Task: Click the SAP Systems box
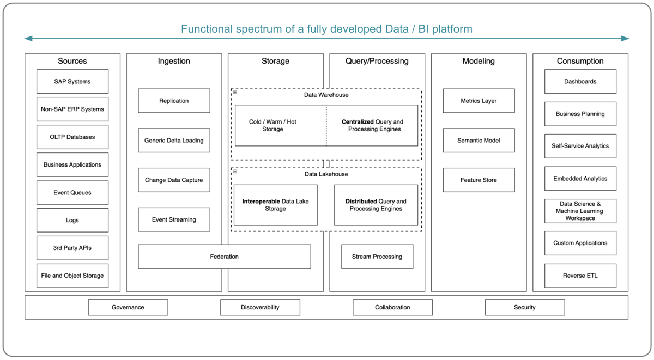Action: tap(72, 82)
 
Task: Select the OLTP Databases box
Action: tap(72, 137)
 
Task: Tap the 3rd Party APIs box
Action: tap(72, 248)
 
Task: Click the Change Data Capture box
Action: tap(174, 180)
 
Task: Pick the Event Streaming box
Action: tap(174, 220)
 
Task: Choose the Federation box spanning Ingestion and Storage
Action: tap(224, 257)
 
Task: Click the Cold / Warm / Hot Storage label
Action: tap(272, 126)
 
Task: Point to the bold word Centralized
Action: tap(358, 122)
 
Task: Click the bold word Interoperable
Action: tap(261, 202)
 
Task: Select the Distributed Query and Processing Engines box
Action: tap(376, 205)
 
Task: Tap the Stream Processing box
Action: tap(377, 257)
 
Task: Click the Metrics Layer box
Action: tap(479, 101)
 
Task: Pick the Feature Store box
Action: tap(479, 180)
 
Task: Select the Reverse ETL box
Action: tap(580, 276)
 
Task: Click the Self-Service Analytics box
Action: tap(580, 146)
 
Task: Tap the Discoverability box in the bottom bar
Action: tap(260, 307)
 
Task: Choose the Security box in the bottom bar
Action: tap(524, 307)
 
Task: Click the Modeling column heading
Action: tap(479, 61)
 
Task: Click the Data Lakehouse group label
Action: tap(326, 174)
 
